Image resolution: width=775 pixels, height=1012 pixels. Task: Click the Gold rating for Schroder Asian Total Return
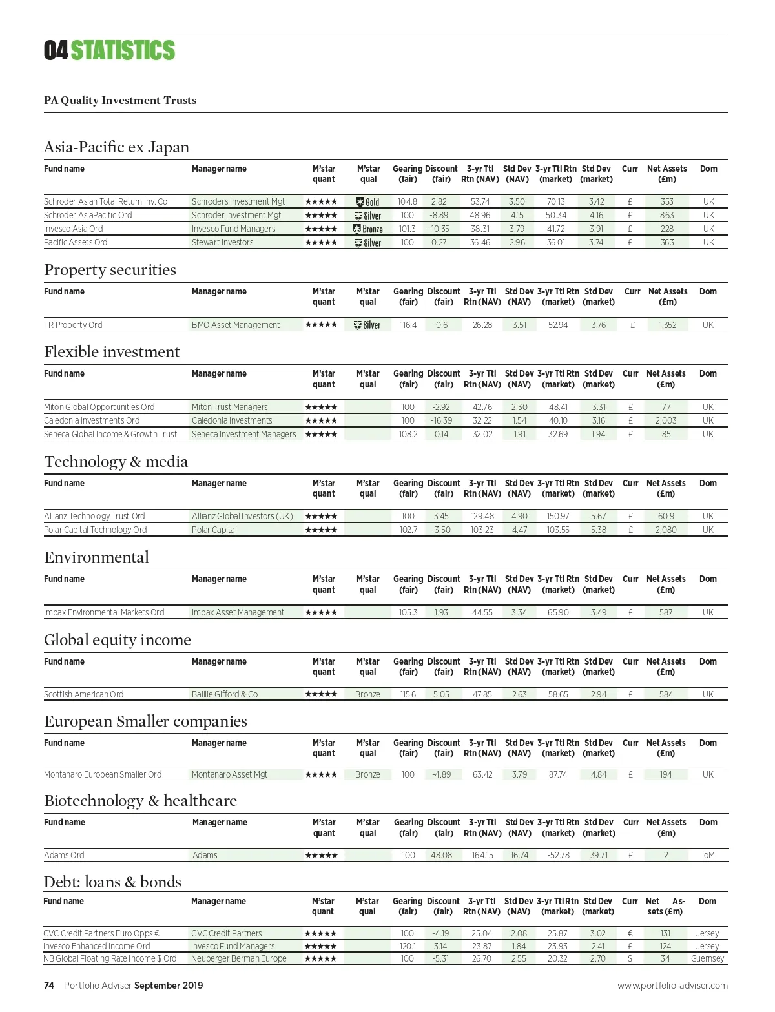(368, 202)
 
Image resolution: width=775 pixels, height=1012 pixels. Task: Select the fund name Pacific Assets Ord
(76, 242)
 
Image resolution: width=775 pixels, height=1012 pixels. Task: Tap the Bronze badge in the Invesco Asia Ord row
(368, 229)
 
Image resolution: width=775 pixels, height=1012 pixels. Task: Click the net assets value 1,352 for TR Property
(668, 325)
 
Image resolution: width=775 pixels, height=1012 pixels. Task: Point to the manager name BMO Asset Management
(236, 325)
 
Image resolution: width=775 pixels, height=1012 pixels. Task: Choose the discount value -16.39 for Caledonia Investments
(442, 420)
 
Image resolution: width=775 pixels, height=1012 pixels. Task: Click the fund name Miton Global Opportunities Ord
(99, 407)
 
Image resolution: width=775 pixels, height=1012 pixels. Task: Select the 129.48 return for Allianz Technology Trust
(482, 516)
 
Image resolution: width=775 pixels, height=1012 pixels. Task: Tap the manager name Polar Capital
(214, 530)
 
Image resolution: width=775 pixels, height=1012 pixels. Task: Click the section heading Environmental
(96, 557)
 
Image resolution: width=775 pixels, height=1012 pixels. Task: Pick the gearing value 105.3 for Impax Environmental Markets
(408, 612)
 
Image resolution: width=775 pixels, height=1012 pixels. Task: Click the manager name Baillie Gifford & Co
(224, 694)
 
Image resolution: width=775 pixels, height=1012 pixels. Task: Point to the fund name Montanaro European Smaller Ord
(103, 774)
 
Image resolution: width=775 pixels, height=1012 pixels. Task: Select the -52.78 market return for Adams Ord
(559, 855)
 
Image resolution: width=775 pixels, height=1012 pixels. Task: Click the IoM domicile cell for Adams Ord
(708, 855)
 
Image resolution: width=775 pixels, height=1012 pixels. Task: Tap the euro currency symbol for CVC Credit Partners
(630, 933)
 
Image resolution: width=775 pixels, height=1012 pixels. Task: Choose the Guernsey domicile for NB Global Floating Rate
(707, 958)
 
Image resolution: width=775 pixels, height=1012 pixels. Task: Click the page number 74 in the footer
(49, 986)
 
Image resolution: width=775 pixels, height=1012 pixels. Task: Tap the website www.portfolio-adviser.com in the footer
(672, 986)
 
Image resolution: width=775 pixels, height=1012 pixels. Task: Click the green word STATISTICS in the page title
(123, 50)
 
